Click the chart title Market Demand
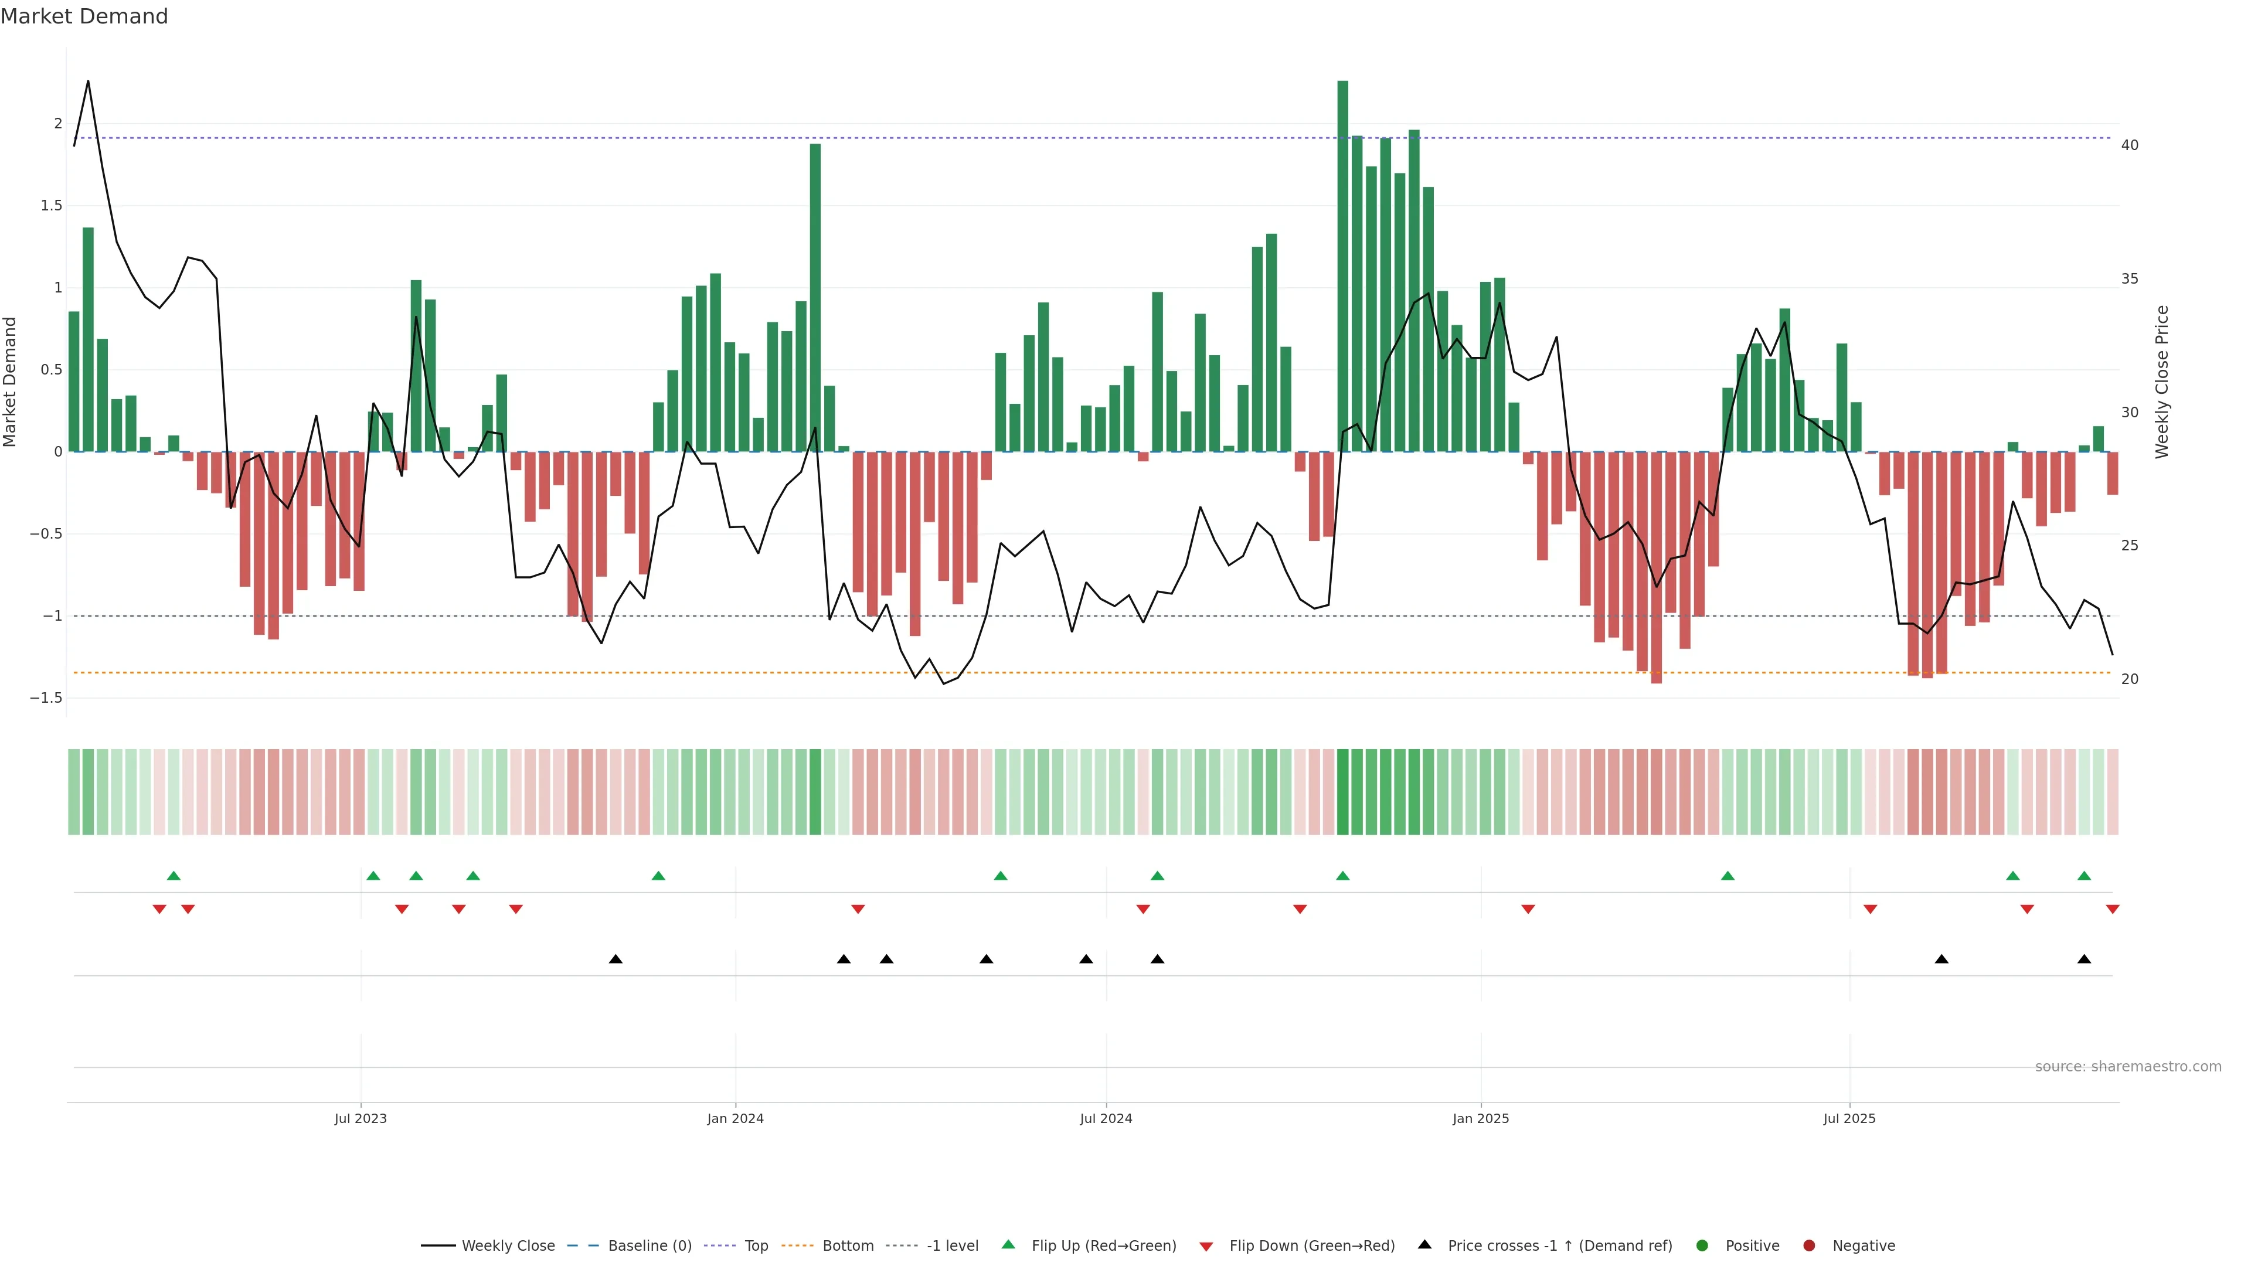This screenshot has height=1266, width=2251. (x=84, y=16)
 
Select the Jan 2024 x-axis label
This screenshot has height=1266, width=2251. (x=735, y=1118)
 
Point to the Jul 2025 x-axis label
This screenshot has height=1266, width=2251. (x=1849, y=1118)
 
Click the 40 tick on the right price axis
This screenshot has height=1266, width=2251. (x=2130, y=145)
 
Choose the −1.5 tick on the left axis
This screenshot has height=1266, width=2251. (x=46, y=698)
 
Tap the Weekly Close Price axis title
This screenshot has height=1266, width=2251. (x=2162, y=382)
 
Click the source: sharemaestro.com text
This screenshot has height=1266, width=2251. (x=2128, y=1067)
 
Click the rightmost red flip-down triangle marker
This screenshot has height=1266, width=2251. (x=2112, y=910)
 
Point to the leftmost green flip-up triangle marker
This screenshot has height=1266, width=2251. (x=174, y=876)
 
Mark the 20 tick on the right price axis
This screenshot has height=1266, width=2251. (x=2130, y=679)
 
